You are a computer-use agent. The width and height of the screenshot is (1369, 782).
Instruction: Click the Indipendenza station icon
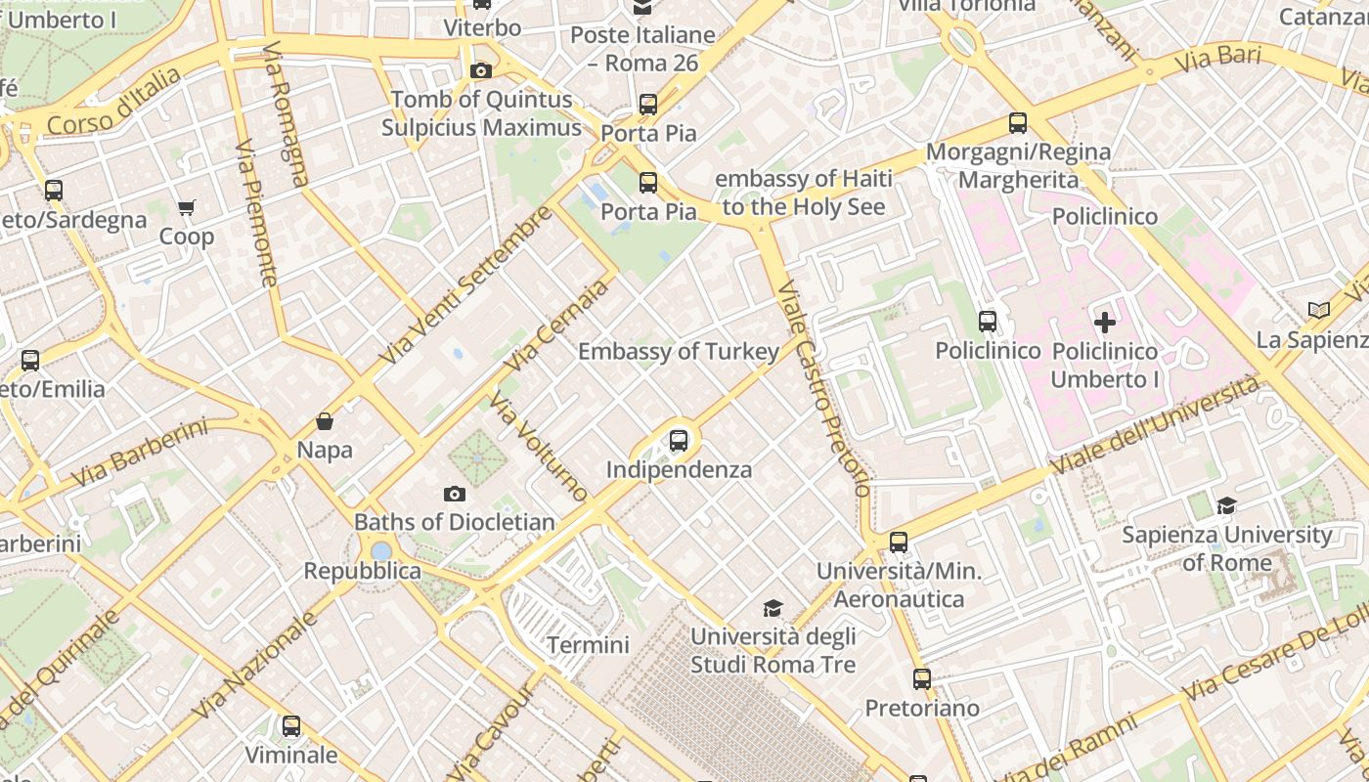(679, 441)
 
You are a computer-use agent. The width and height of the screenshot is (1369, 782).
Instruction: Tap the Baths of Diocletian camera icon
(455, 494)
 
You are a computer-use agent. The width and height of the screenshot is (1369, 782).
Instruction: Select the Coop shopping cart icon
(187, 207)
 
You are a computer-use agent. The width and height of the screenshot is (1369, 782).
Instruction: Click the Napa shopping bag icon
(325, 421)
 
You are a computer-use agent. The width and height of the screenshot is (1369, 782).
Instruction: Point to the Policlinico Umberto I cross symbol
(1105, 323)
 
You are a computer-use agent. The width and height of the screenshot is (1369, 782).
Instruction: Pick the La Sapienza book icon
(1319, 310)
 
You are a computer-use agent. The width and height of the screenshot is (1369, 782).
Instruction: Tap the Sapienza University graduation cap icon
(1226, 505)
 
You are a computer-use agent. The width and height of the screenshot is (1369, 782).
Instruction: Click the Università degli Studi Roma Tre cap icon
(773, 608)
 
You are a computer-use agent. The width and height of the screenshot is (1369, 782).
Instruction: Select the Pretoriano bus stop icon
(922, 678)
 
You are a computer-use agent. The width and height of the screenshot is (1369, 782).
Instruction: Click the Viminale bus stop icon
(291, 726)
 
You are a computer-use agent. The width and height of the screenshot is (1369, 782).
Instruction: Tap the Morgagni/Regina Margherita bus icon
(1018, 123)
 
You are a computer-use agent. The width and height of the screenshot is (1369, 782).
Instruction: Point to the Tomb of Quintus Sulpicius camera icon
(480, 70)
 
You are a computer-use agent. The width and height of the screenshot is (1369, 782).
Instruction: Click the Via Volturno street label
(539, 447)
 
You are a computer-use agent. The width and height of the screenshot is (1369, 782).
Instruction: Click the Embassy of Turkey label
(679, 352)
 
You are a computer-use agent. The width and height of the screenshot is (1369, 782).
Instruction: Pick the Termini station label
(588, 645)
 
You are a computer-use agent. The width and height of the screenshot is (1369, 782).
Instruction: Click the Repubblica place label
(362, 571)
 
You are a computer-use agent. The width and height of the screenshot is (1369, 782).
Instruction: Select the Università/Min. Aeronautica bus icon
(899, 542)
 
